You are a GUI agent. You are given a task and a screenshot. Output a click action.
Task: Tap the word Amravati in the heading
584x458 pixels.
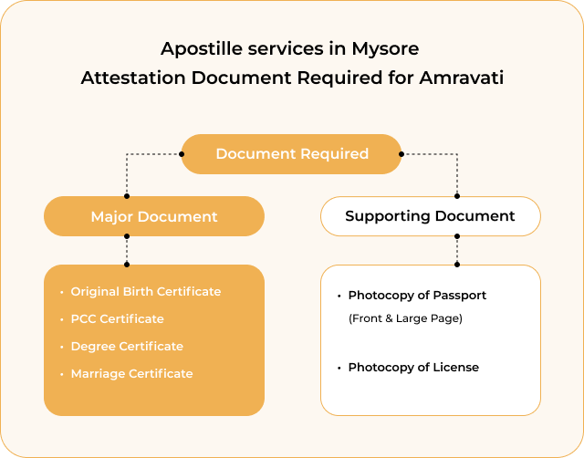(462, 78)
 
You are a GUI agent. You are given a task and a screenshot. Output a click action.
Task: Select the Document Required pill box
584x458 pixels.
(292, 154)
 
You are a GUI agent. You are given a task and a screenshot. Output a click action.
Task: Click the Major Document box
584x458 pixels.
(154, 216)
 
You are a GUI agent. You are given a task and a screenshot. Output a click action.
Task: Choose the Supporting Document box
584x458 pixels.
(431, 216)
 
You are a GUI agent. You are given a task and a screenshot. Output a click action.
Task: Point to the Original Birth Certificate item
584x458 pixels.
(146, 292)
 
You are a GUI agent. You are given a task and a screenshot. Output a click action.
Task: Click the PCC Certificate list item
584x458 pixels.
(118, 318)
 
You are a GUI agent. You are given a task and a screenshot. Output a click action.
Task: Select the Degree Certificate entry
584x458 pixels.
(127, 347)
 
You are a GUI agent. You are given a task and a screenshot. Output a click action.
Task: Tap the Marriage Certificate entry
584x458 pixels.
(131, 373)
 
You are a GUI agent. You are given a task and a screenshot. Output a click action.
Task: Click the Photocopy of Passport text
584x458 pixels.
(417, 296)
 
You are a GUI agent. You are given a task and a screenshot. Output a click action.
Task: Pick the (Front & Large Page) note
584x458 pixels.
(405, 318)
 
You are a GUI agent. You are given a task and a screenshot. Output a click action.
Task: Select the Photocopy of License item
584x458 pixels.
(413, 368)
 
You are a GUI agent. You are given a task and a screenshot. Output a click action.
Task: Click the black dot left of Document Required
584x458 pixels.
(182, 154)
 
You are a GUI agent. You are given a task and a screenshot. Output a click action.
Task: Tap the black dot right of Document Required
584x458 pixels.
(401, 154)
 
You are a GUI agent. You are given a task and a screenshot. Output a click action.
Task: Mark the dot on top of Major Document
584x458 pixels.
(127, 196)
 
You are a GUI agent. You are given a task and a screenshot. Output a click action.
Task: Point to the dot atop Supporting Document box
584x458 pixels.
(457, 196)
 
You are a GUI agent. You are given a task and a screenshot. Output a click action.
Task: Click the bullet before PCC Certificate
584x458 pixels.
(62, 319)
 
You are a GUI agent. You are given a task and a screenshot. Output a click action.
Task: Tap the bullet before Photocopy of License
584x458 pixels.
(339, 369)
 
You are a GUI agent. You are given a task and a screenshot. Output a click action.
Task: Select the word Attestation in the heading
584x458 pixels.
(133, 78)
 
